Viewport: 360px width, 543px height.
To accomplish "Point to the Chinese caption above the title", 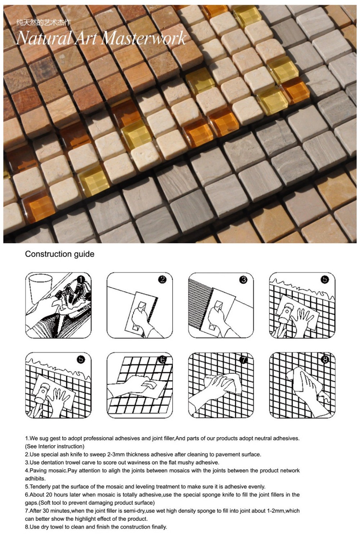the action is click(x=44, y=23).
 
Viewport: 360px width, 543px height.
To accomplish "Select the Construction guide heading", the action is click(x=60, y=254).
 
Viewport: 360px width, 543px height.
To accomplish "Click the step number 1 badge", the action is click(x=81, y=280).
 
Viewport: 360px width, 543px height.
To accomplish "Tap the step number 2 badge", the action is click(x=162, y=280).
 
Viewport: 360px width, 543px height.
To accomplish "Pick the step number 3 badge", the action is click(x=243, y=280).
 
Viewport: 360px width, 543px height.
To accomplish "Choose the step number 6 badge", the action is click(x=162, y=360).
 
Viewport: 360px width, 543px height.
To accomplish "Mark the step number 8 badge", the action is click(x=325, y=360).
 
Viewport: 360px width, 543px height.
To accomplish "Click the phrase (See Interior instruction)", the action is click(x=55, y=446).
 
